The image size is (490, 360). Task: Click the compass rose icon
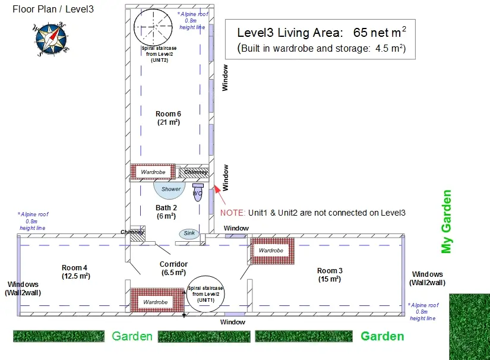tap(50, 39)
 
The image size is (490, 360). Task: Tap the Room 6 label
tap(169, 118)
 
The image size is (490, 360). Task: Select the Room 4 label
tap(75, 272)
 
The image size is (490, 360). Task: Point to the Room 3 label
tap(330, 275)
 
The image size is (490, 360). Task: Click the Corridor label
tap(173, 268)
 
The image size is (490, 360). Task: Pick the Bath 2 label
tap(166, 212)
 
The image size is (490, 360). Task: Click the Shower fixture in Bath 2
tap(170, 190)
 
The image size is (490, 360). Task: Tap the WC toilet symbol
tap(198, 192)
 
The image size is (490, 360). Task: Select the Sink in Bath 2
tap(189, 233)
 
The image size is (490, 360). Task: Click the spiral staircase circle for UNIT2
tap(153, 27)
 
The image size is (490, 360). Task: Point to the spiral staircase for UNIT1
tap(206, 294)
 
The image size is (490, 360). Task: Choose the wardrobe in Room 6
tap(153, 172)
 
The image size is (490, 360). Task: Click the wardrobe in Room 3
tap(272, 251)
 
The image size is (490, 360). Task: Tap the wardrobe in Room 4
tap(157, 300)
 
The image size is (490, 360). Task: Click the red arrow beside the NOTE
tap(220, 195)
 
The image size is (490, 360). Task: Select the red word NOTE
tap(233, 213)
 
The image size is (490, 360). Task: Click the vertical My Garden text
tap(446, 221)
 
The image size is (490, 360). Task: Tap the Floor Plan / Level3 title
tap(53, 9)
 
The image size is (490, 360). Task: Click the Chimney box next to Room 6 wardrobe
tap(194, 172)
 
